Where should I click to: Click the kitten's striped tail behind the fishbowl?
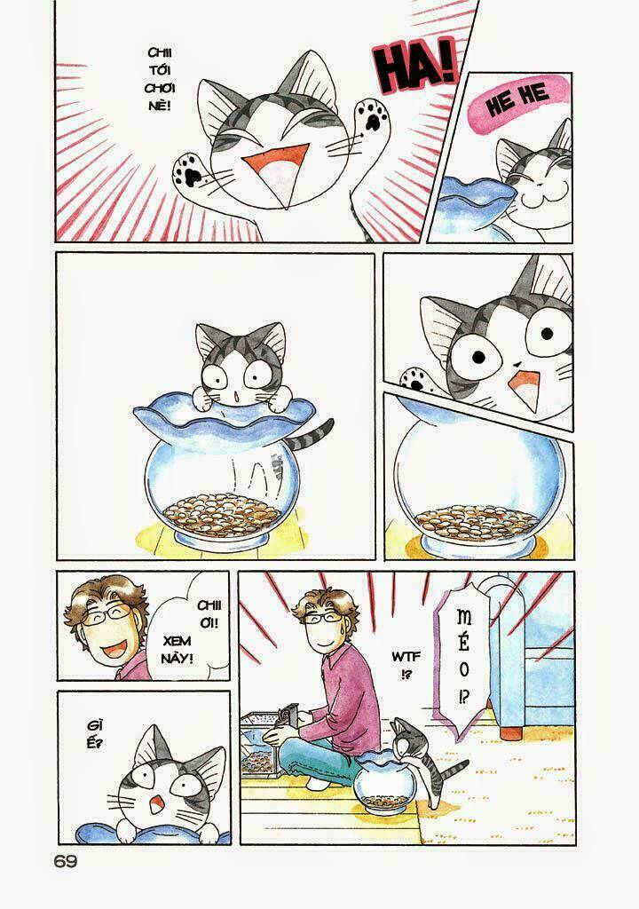click(x=315, y=432)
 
